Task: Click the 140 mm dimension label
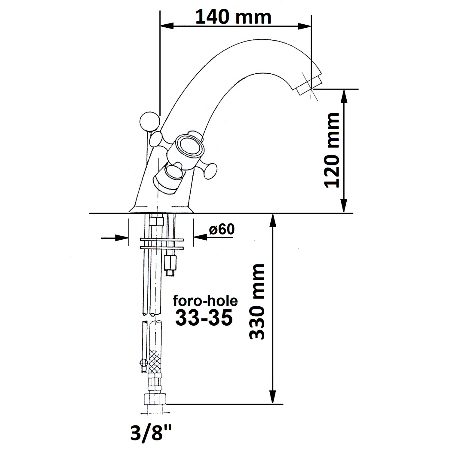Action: pos(234,17)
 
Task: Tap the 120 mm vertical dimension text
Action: pos(332,150)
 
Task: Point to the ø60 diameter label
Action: pos(222,230)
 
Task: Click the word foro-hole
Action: pos(205,301)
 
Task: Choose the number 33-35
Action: pos(204,318)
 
